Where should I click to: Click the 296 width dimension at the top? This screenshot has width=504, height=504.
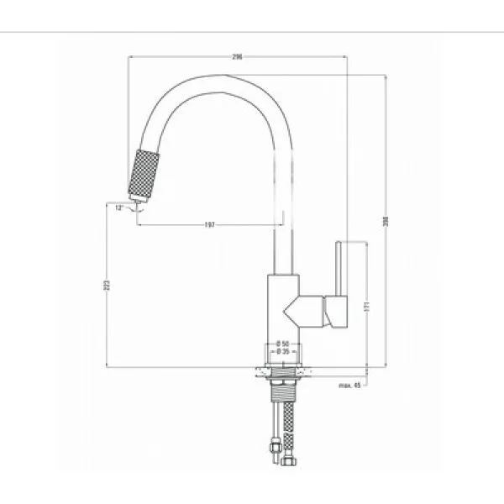[237, 56]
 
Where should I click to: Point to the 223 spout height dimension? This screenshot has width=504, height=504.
[107, 285]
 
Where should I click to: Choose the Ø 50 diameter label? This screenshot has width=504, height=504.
[282, 344]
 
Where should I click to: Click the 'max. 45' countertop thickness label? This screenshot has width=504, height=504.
[350, 386]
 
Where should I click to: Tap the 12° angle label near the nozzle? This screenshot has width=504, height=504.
[119, 206]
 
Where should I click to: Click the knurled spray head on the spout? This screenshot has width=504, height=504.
[141, 174]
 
